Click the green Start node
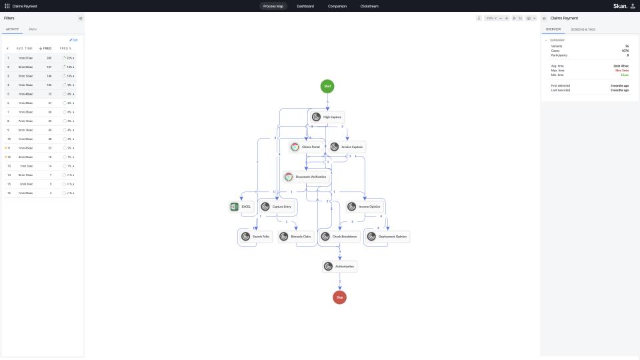click(327, 86)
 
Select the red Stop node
click(339, 297)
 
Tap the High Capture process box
click(327, 117)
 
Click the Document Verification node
click(305, 177)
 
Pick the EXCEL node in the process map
click(241, 207)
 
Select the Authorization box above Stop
click(340, 267)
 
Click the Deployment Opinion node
click(387, 236)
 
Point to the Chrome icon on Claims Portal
click(295, 147)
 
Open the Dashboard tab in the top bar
click(305, 6)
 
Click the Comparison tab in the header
click(337, 6)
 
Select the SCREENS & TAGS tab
click(583, 29)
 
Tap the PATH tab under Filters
click(33, 29)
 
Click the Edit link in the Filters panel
click(74, 40)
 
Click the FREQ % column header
click(65, 49)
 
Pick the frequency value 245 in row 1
click(49, 58)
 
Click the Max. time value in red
click(622, 69)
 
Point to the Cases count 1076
click(625, 51)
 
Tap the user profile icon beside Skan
click(633, 6)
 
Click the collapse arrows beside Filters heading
click(81, 19)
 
